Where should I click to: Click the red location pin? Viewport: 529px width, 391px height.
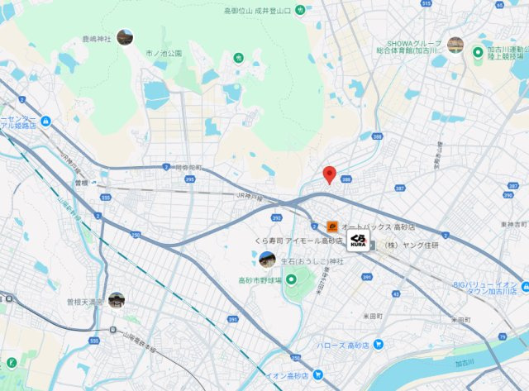329,174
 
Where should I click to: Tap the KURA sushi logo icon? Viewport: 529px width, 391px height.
357,241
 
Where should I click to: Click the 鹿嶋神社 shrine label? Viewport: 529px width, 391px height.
97,39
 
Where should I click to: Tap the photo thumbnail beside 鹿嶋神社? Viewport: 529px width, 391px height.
125,37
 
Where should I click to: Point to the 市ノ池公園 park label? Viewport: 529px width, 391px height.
163,53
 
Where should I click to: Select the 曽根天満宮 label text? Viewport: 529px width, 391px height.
85,303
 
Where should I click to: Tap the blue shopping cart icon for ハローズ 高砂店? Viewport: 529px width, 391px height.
378,344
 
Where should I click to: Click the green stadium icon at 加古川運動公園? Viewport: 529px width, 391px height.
478,53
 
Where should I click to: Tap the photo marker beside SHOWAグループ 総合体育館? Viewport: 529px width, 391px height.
455,45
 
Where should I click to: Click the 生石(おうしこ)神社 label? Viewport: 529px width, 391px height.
311,260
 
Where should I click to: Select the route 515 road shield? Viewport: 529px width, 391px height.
427,4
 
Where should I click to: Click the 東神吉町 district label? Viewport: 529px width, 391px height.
512,225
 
